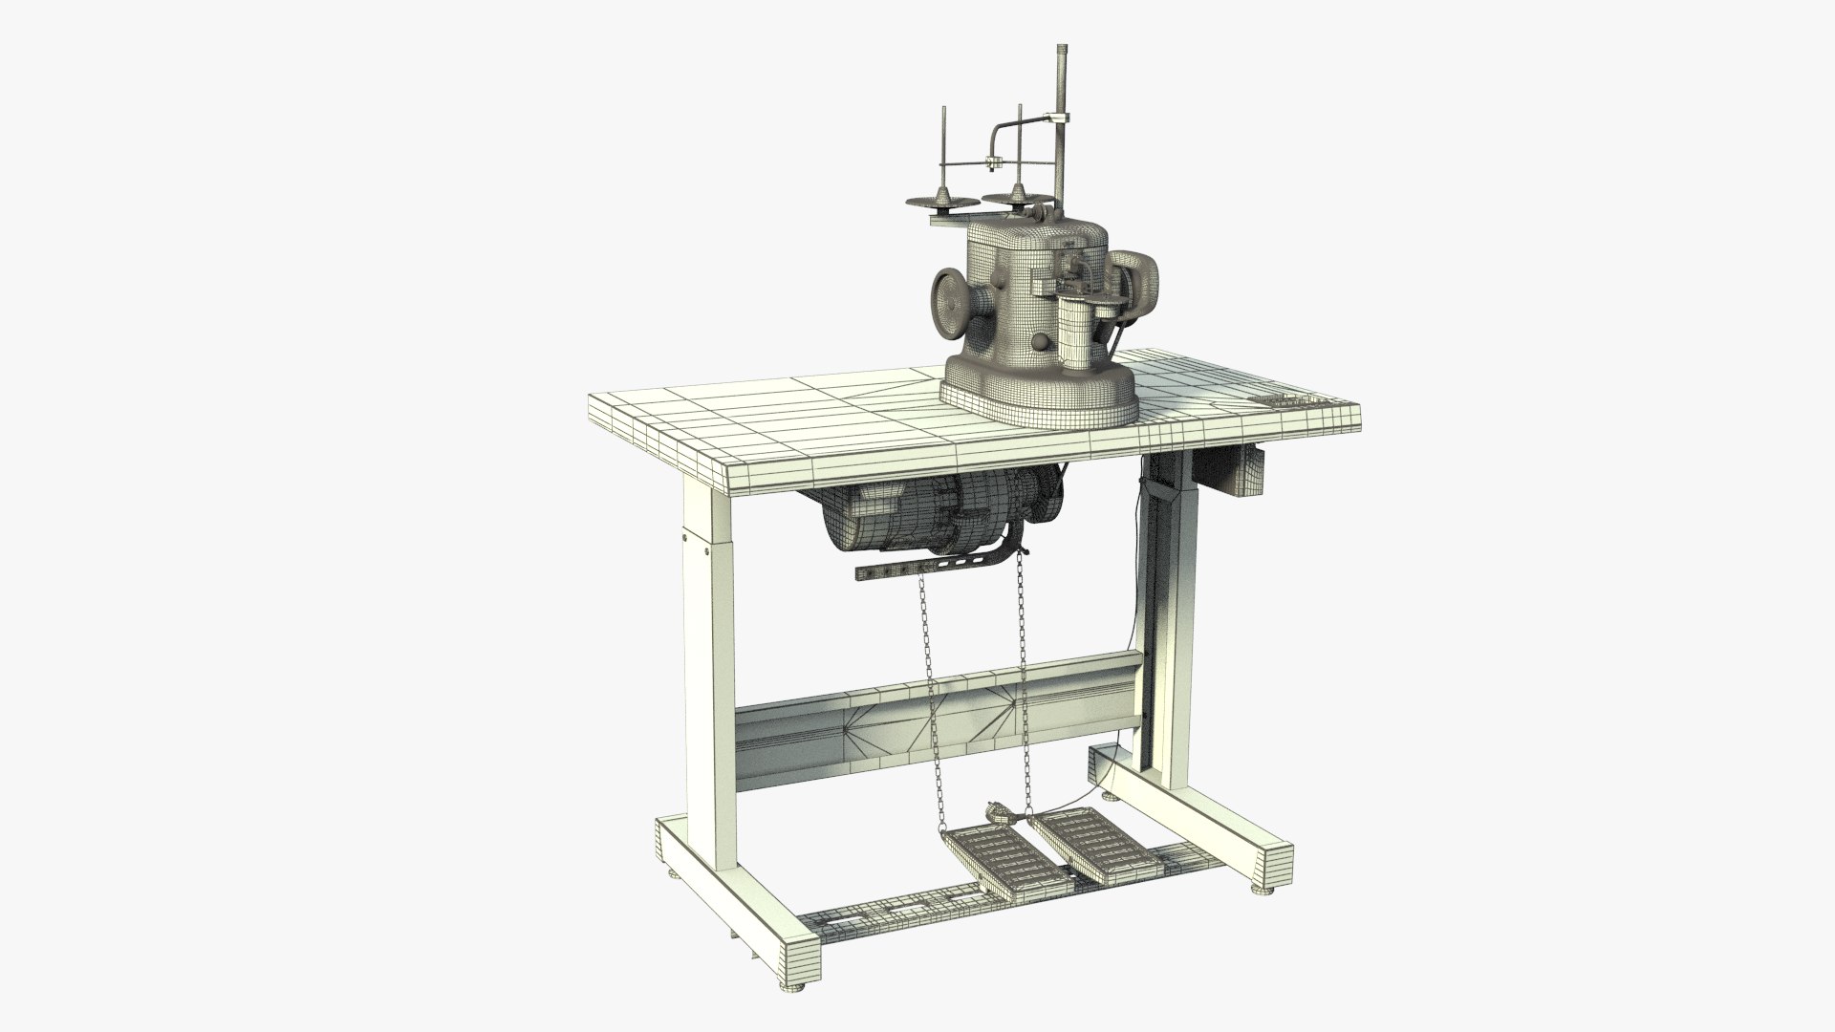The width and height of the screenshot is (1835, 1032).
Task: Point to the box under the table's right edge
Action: point(1244,474)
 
